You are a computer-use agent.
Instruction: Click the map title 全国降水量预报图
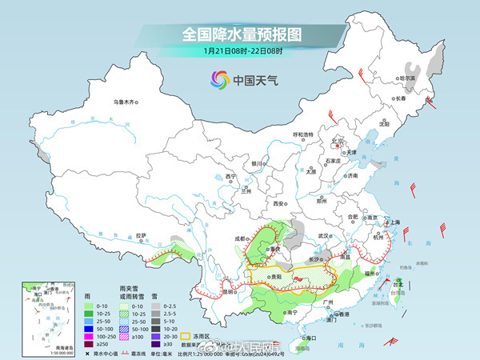pos(239,34)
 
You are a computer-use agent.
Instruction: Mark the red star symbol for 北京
pos(337,146)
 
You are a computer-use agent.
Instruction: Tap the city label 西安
pos(279,205)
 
